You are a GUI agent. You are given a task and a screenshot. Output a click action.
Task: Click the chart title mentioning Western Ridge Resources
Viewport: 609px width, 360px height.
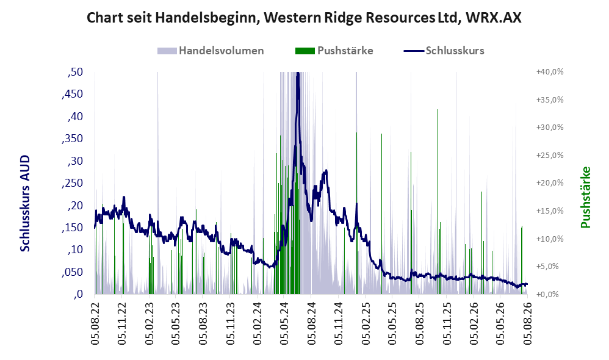(x=304, y=18)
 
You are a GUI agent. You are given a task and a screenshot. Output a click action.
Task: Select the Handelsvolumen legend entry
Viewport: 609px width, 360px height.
(x=211, y=51)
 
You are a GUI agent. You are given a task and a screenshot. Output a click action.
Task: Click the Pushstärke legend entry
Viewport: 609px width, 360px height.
(x=334, y=51)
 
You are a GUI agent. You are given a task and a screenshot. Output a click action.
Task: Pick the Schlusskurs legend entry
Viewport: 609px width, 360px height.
(x=444, y=51)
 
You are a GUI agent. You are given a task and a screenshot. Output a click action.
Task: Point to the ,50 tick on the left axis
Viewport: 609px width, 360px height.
(x=75, y=72)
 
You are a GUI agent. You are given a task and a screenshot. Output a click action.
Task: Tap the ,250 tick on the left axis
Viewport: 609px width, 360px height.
(x=73, y=183)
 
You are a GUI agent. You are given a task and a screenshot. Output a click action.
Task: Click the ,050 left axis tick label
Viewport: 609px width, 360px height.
(x=73, y=272)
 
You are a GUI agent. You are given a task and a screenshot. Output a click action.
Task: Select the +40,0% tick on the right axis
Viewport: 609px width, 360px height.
(x=550, y=72)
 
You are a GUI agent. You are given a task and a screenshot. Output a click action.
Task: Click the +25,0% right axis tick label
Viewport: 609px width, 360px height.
(x=550, y=156)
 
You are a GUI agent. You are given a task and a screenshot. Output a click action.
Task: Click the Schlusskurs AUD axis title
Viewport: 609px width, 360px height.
(x=25, y=203)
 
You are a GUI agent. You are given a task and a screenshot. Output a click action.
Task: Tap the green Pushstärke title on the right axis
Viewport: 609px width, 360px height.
(x=585, y=197)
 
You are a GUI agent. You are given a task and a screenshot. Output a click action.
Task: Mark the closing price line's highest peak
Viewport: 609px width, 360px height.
(x=298, y=73)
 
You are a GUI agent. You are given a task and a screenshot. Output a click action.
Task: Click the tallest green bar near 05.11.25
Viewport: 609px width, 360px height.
(x=438, y=201)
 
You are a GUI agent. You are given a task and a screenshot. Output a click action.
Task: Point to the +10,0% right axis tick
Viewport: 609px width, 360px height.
(x=550, y=239)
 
